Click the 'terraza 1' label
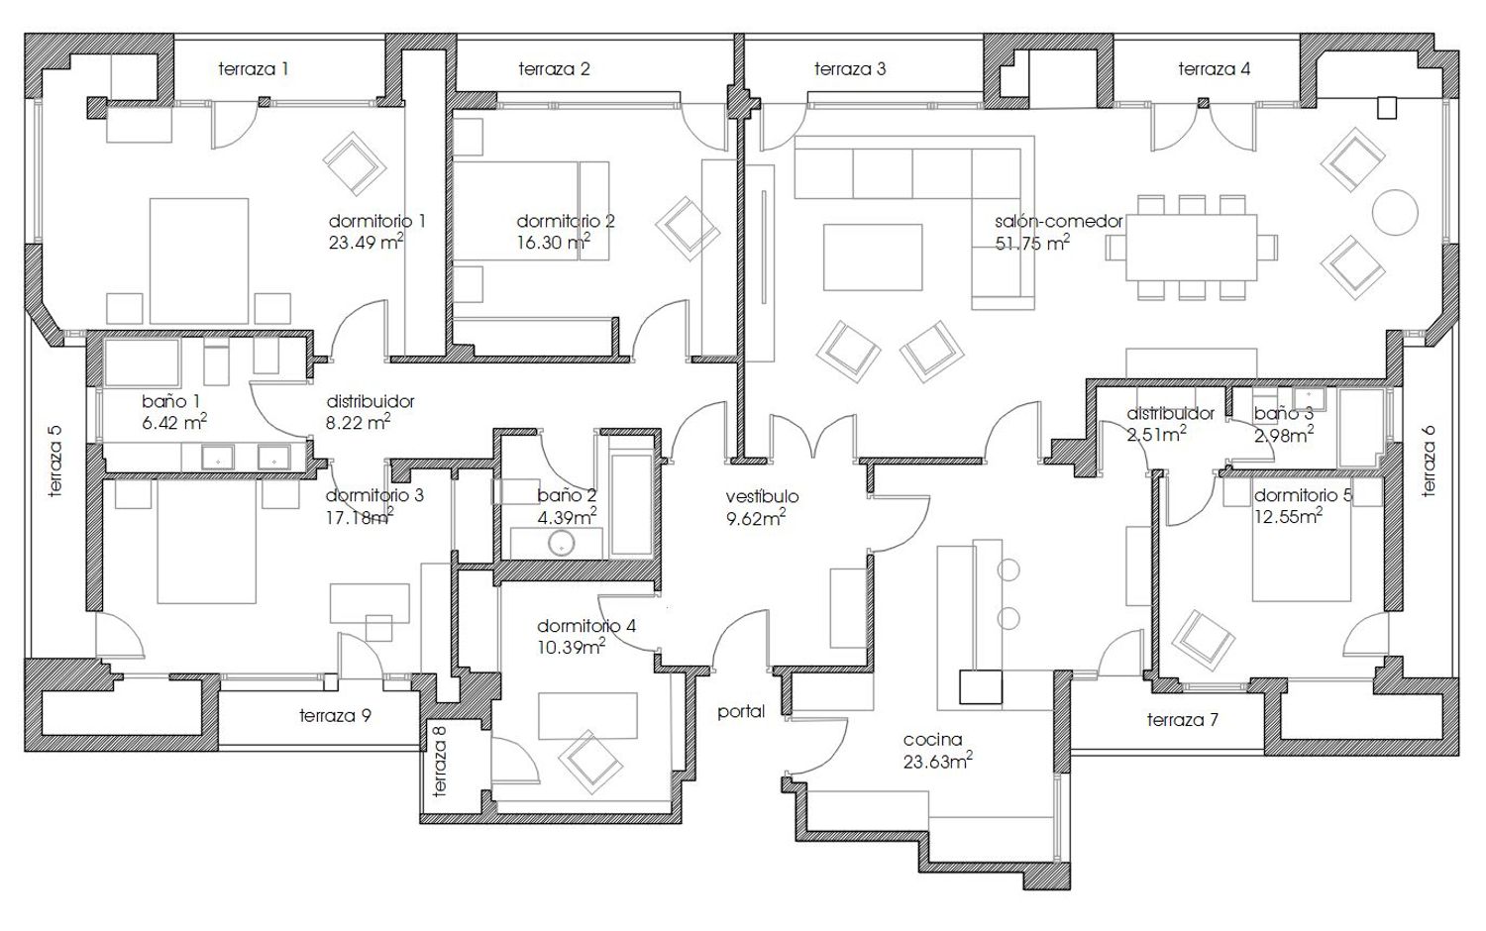pyautogui.click(x=254, y=69)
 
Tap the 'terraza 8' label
pyautogui.click(x=439, y=761)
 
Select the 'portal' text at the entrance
pyautogui.click(x=741, y=712)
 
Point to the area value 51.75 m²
pyautogui.click(x=1032, y=243)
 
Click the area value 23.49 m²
pyautogui.click(x=367, y=242)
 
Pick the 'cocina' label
pyautogui.click(x=932, y=740)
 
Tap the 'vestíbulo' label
pyautogui.click(x=762, y=496)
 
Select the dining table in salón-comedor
pyautogui.click(x=1192, y=247)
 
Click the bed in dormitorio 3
pyautogui.click(x=206, y=542)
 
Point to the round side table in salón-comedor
pyautogui.click(x=1395, y=212)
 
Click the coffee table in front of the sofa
pyautogui.click(x=873, y=258)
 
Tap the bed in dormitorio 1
pyautogui.click(x=199, y=260)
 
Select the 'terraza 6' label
pyautogui.click(x=1429, y=461)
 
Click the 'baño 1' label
pyautogui.click(x=170, y=401)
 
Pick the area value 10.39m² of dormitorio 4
pyautogui.click(x=572, y=647)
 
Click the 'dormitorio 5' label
pyautogui.click(x=1303, y=495)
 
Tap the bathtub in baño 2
pyautogui.click(x=631, y=505)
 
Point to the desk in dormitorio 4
pyautogui.click(x=587, y=716)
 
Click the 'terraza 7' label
pyautogui.click(x=1182, y=720)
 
